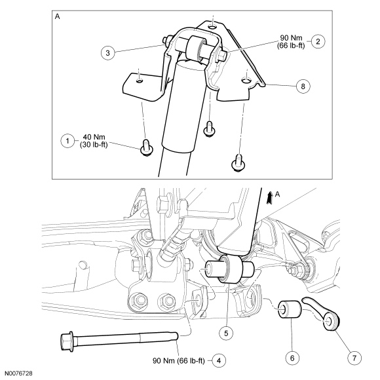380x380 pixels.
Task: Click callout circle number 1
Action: (x=67, y=141)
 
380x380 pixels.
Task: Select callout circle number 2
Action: (x=318, y=41)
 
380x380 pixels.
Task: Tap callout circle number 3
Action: (x=108, y=52)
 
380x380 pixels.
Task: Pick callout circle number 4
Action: (x=219, y=360)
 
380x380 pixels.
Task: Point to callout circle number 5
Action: (x=226, y=333)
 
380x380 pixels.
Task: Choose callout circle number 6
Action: (x=292, y=358)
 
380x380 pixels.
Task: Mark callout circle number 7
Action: (x=354, y=358)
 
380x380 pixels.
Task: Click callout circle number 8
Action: (x=303, y=86)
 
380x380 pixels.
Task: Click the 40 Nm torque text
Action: (x=94, y=137)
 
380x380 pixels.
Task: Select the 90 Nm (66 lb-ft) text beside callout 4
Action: (x=179, y=360)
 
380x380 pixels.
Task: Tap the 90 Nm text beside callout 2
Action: (x=291, y=38)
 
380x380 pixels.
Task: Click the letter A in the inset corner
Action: (x=58, y=16)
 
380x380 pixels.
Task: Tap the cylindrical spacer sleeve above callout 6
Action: (x=290, y=309)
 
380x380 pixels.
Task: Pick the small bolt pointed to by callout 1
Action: (x=147, y=147)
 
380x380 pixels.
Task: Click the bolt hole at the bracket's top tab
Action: (x=212, y=26)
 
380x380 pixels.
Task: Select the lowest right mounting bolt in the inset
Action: (x=238, y=163)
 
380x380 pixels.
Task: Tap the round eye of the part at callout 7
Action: (x=330, y=321)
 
